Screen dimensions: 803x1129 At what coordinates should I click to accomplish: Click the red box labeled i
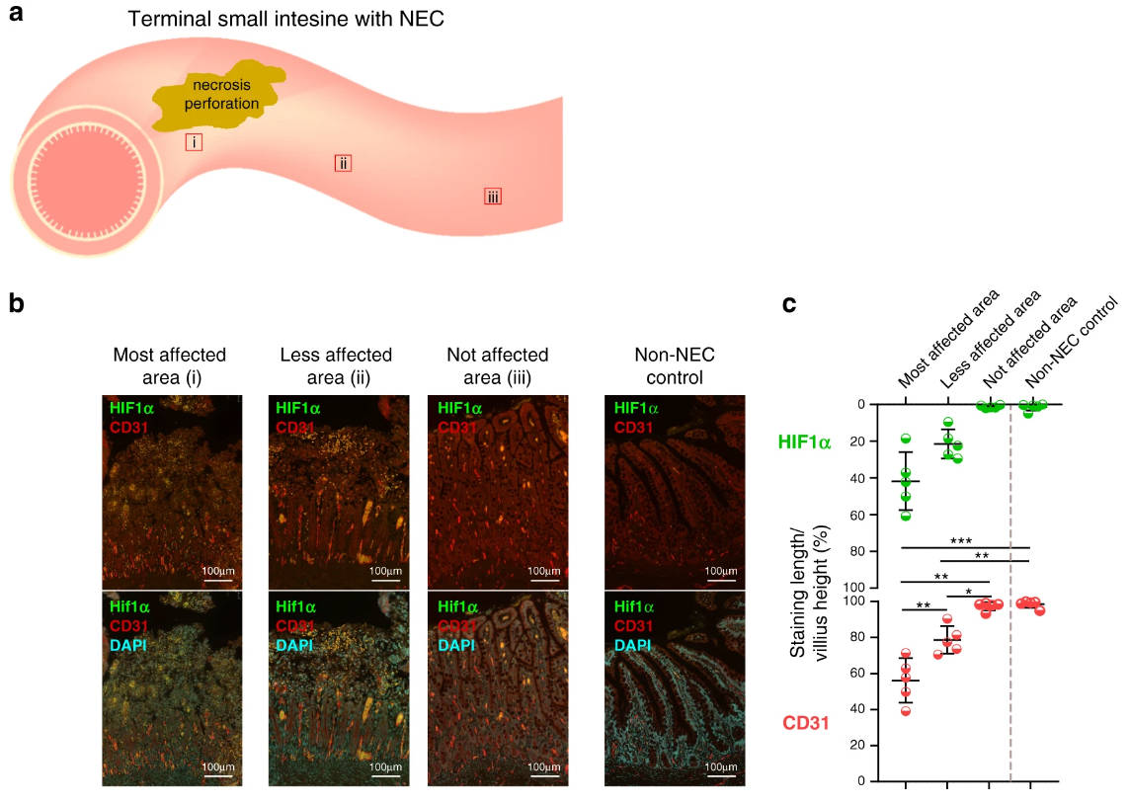[195, 142]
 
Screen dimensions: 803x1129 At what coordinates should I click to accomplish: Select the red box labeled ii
[343, 163]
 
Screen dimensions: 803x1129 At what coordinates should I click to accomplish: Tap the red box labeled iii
[493, 197]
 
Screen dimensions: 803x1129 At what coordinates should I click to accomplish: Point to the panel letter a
[16, 17]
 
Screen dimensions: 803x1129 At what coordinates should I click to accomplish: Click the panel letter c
[789, 304]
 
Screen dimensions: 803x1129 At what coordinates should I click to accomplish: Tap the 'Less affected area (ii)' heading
[336, 365]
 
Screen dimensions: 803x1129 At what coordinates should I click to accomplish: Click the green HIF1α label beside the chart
[805, 442]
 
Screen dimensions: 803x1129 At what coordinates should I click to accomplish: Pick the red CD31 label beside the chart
[805, 724]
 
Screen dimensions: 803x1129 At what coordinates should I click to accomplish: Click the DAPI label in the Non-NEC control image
[633, 645]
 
